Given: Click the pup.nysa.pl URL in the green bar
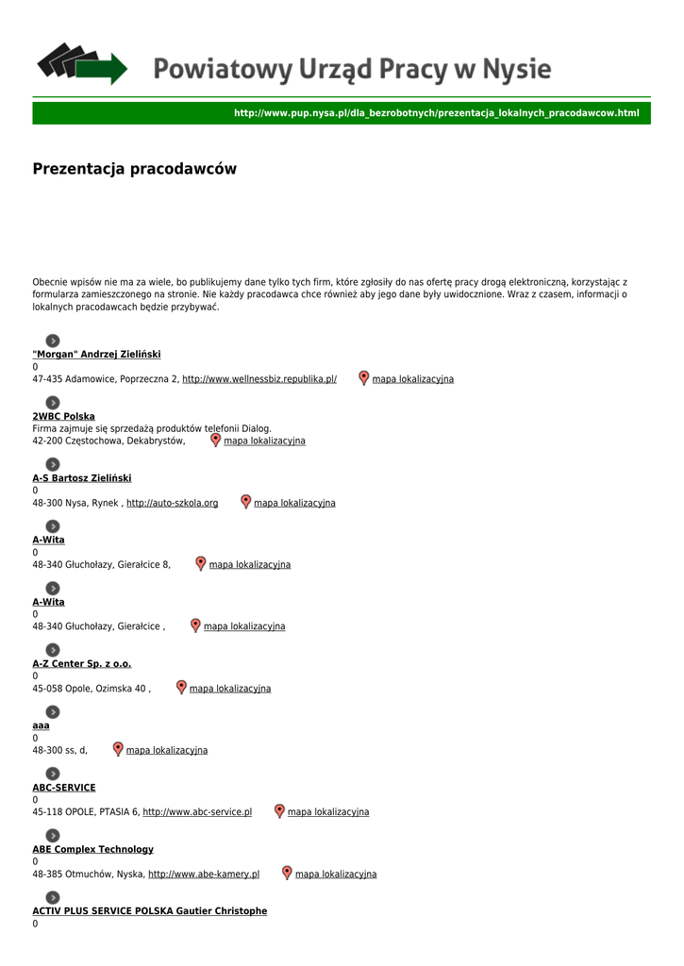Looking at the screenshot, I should [x=436, y=113].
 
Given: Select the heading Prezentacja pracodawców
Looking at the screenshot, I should [x=134, y=169].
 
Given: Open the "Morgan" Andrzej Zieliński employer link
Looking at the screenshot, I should [x=96, y=354].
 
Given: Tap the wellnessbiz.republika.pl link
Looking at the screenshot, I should [x=259, y=379].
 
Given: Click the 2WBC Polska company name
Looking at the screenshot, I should [x=63, y=416].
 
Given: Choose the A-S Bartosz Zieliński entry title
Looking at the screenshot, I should [x=82, y=478].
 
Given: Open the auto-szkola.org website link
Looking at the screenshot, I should [x=172, y=503].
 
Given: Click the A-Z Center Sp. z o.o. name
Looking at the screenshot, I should [x=82, y=664].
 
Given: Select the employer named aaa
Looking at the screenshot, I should [x=41, y=725].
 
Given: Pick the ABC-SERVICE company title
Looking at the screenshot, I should [x=64, y=788].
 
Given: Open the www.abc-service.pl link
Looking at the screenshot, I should [x=197, y=812].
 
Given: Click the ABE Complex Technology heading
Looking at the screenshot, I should [x=92, y=849].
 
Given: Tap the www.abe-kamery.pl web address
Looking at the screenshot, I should [x=204, y=874].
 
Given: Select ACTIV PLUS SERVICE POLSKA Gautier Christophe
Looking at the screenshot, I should [x=149, y=911].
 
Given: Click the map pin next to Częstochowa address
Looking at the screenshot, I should [x=215, y=440].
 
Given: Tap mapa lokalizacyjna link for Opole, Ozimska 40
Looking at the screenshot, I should [x=229, y=689].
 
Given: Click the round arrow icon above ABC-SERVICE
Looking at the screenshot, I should [x=53, y=774].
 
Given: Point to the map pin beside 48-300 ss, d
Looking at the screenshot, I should [x=118, y=749].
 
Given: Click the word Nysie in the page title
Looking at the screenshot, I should [x=517, y=69].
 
